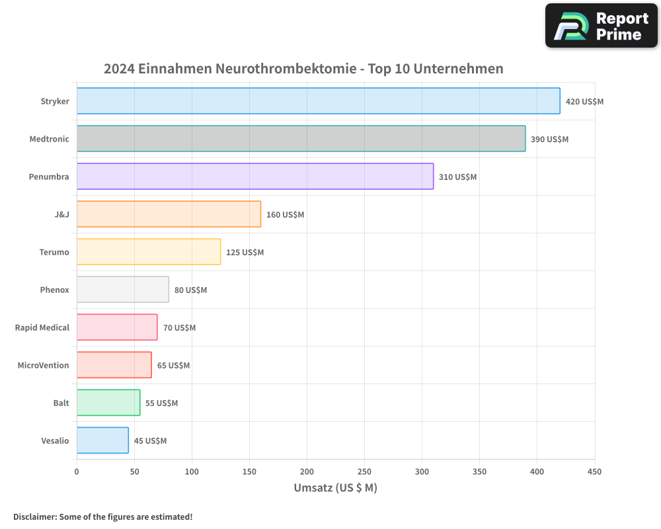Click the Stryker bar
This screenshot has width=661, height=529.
click(x=318, y=101)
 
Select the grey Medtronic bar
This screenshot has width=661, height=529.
click(x=301, y=139)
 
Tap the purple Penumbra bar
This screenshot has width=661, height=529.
click(x=255, y=177)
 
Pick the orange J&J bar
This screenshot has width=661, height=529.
click(x=169, y=214)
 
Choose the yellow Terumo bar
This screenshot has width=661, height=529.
click(x=149, y=252)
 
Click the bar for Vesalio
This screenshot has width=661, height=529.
click(x=102, y=440)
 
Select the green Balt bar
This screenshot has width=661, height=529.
click(x=108, y=403)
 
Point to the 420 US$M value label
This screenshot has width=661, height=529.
click(x=584, y=102)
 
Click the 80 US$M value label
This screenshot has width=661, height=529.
click(x=190, y=290)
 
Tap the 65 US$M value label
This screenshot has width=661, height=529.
click(x=173, y=366)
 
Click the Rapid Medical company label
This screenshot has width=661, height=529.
click(x=42, y=328)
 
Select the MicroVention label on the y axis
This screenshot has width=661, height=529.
click(x=44, y=366)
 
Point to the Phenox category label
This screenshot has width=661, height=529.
click(x=54, y=290)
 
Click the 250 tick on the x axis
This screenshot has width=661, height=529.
click(x=364, y=471)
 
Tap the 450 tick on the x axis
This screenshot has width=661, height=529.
click(x=594, y=471)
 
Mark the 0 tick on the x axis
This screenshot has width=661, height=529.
click(x=77, y=471)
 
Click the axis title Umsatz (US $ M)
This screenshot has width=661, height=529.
click(x=335, y=488)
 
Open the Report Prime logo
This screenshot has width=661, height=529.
click(x=601, y=26)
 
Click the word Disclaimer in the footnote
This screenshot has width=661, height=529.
click(x=34, y=516)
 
